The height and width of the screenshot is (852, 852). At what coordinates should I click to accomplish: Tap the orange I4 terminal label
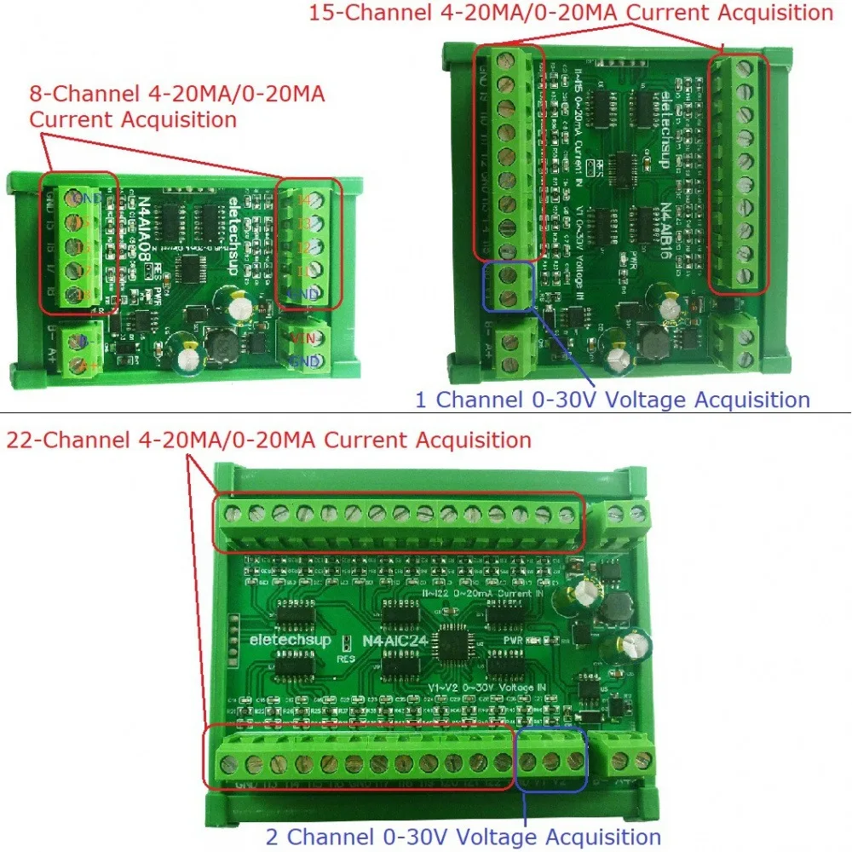pos(304,200)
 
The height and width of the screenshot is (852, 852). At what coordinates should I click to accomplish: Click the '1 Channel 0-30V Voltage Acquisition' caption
pos(612,400)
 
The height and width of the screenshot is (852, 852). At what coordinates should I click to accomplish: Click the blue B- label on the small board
pos(83,341)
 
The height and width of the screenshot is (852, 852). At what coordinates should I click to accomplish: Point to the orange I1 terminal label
pos(304,272)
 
